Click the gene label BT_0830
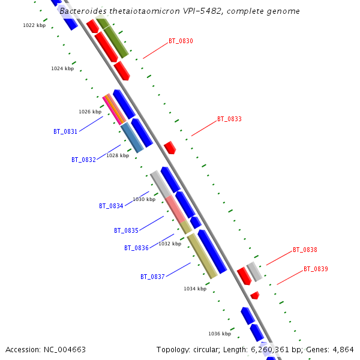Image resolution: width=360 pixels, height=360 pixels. point(181,41)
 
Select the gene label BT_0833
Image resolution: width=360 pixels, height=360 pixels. point(229,119)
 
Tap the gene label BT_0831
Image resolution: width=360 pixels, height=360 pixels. point(65,131)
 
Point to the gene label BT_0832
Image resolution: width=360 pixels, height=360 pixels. point(83,160)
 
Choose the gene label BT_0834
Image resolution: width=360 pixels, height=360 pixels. point(111,206)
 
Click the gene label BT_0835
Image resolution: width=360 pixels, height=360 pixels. point(126,230)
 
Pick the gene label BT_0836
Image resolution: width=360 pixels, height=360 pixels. point(136,248)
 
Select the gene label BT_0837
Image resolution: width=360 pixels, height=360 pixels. point(152,277)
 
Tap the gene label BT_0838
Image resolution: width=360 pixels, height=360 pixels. point(305,250)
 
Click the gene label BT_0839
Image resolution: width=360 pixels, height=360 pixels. point(316,269)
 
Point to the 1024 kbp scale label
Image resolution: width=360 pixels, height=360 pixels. point(62,68)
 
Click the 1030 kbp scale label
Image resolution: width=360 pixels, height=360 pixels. point(144,199)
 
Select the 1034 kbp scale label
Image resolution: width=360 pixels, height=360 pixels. point(195,289)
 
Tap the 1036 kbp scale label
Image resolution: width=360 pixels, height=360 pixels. point(220,334)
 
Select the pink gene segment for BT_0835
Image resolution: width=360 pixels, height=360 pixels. point(175,208)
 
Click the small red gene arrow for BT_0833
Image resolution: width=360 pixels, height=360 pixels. point(170,147)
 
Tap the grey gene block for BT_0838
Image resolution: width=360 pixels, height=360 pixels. point(254,271)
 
